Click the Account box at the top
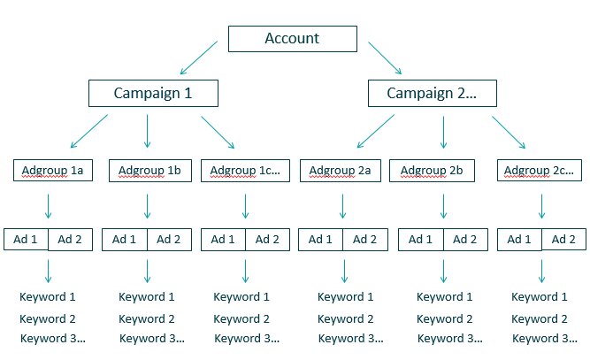[293, 39]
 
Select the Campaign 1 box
[153, 93]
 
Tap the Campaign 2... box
[432, 93]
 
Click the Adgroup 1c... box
[243, 170]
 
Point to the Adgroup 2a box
[341, 170]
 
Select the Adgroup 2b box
[438, 170]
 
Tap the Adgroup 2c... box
[540, 170]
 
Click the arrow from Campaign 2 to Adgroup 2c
[510, 131]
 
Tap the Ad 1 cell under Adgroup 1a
[26, 239]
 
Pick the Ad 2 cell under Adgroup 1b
[168, 239]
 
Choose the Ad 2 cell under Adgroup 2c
[563, 239]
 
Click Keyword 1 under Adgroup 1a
[48, 297]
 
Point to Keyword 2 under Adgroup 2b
[445, 318]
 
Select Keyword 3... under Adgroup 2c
[542, 339]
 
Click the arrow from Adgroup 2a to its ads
[342, 206]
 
